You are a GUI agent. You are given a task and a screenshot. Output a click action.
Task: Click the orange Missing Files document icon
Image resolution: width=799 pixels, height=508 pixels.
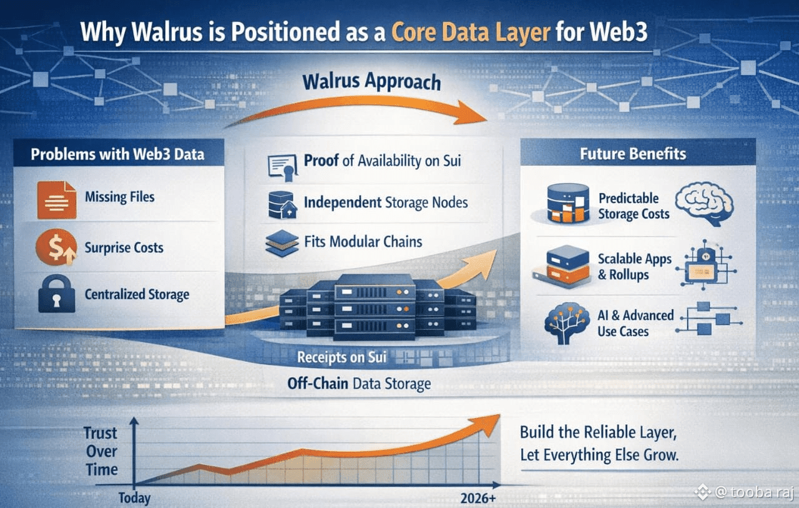click(57, 199)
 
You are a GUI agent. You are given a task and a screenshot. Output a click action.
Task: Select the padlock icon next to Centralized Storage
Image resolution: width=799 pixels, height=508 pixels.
click(57, 294)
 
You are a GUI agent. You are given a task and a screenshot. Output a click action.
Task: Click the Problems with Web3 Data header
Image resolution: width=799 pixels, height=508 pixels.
click(117, 154)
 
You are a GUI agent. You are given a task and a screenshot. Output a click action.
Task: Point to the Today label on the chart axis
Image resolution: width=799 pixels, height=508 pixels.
click(134, 498)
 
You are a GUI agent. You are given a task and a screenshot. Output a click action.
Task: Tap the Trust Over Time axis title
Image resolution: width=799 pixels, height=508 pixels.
click(102, 451)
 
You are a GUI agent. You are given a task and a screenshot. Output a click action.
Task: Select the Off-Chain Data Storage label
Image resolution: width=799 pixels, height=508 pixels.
click(359, 384)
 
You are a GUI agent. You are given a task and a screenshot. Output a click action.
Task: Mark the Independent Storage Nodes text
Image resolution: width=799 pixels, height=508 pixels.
click(386, 202)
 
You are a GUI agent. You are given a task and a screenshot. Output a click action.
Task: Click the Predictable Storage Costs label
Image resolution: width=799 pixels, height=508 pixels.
click(633, 206)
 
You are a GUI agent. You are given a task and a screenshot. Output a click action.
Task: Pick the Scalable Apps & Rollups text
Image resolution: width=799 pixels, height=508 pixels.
click(634, 267)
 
